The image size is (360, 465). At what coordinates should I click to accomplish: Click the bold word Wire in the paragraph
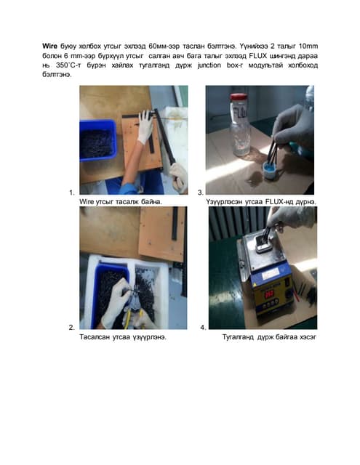click(49, 46)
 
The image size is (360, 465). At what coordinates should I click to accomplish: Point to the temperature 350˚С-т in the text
click(68, 65)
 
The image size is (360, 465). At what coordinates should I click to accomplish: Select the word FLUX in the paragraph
click(258, 55)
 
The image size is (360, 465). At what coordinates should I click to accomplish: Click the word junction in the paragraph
click(209, 65)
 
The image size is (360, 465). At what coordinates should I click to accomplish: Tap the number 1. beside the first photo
click(72, 193)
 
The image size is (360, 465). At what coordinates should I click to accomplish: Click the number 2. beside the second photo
click(72, 328)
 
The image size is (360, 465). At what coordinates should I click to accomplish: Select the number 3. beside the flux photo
click(201, 193)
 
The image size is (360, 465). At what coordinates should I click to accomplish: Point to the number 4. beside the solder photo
click(203, 328)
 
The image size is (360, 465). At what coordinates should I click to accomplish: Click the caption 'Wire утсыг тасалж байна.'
click(121, 202)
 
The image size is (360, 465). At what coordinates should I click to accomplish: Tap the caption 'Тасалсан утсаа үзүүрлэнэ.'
click(123, 337)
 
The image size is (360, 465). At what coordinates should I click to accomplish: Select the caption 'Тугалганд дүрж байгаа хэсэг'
click(270, 337)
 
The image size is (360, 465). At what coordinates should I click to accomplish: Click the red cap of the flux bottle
click(239, 97)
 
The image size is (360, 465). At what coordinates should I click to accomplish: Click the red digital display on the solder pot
click(269, 294)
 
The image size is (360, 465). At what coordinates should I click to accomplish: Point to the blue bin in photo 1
click(97, 140)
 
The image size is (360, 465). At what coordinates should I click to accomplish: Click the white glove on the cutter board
click(145, 127)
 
